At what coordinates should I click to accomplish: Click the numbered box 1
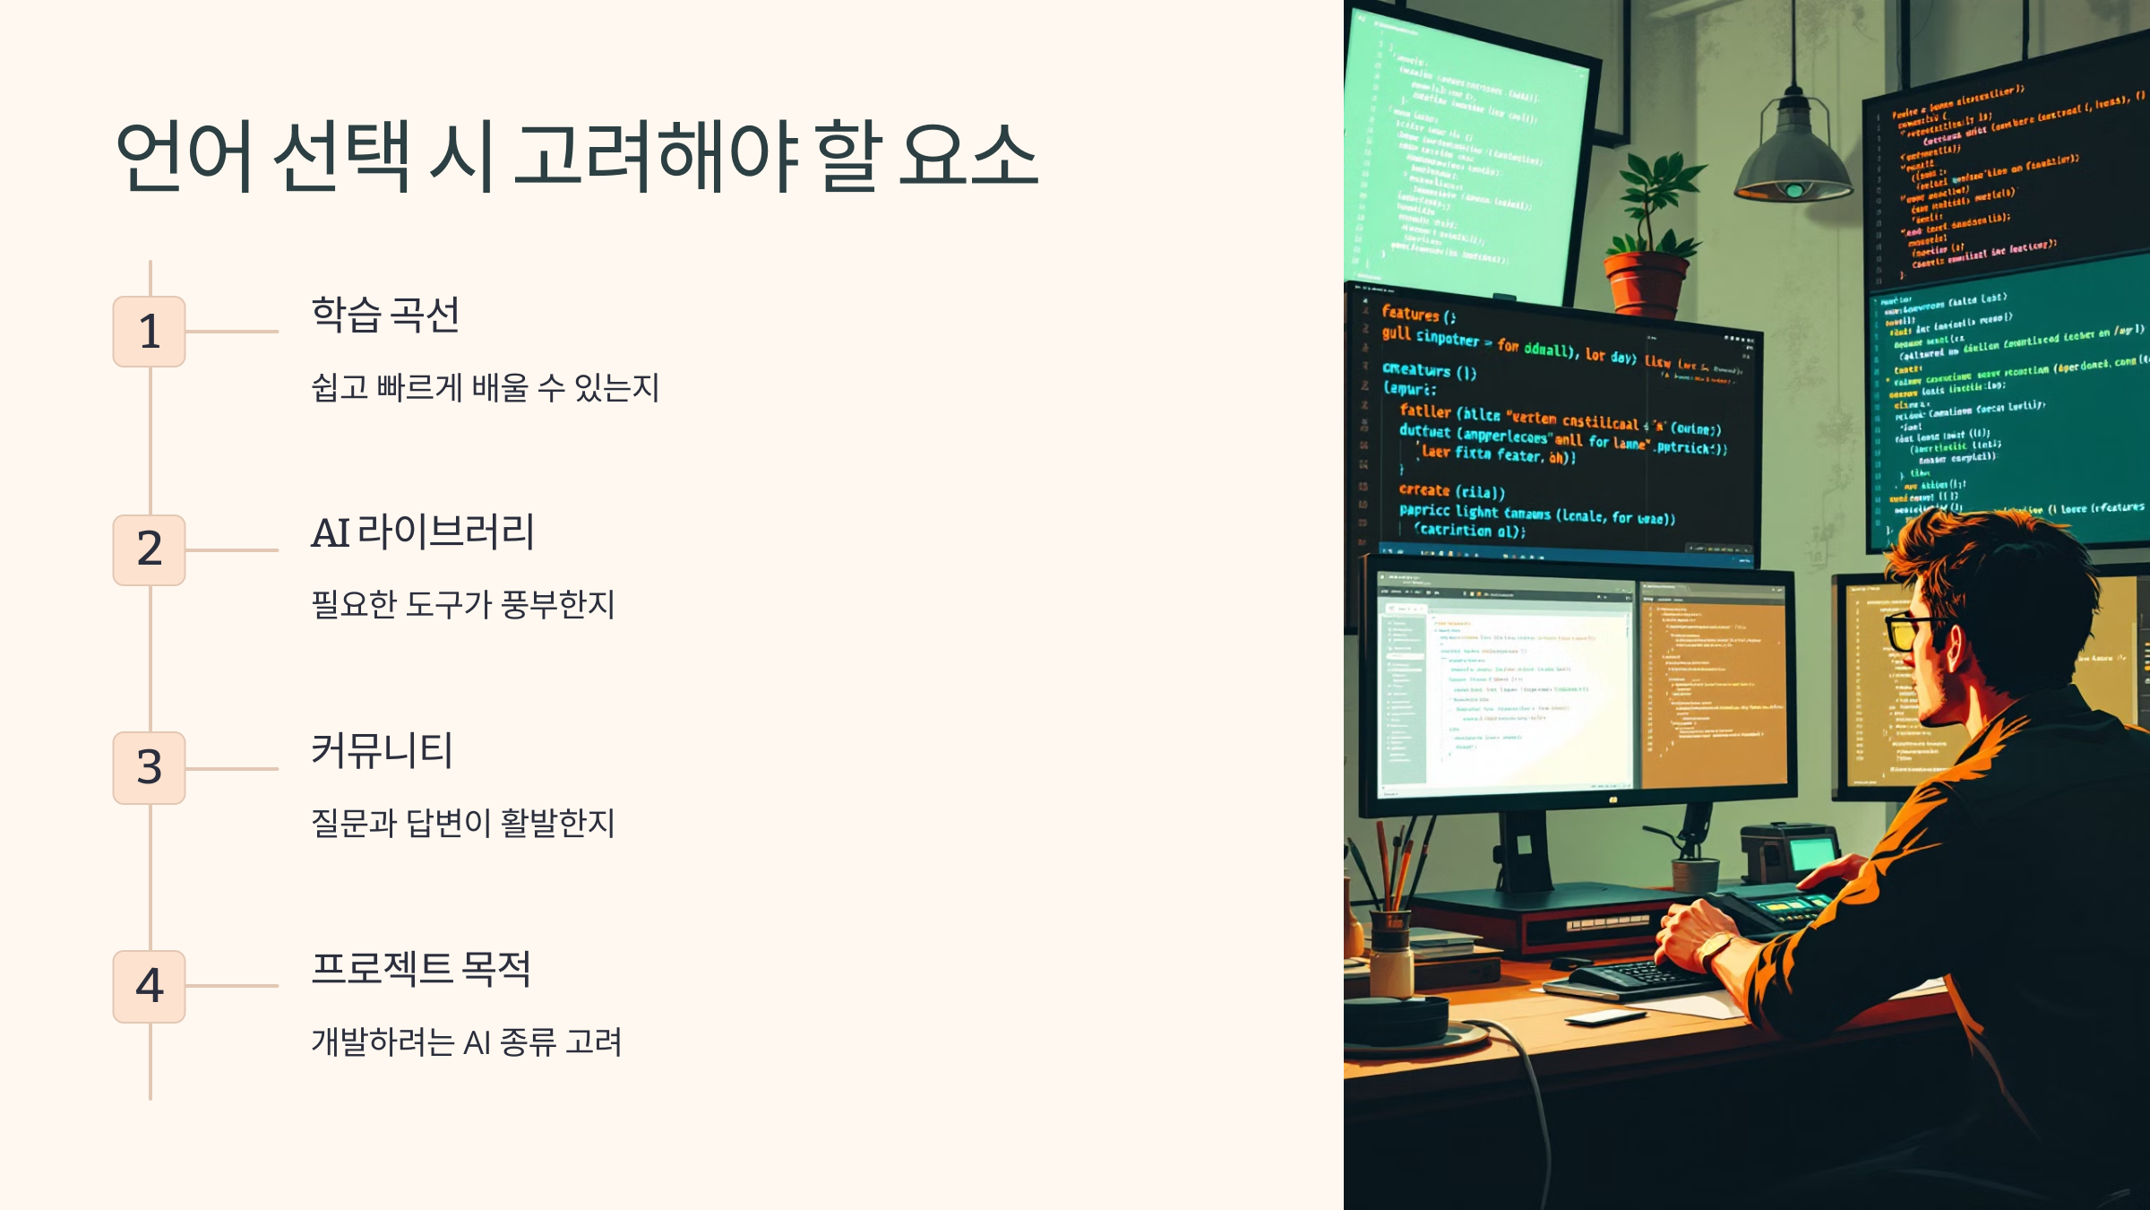click(x=149, y=332)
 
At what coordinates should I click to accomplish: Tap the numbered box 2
click(x=149, y=549)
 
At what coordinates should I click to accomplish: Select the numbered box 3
click(x=149, y=768)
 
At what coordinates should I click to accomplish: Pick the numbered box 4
click(x=149, y=986)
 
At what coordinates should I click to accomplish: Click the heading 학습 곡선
click(x=385, y=315)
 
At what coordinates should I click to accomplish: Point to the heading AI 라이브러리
click(x=423, y=532)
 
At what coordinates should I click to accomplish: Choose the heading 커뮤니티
click(x=382, y=750)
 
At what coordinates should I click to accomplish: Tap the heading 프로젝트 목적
click(x=421, y=968)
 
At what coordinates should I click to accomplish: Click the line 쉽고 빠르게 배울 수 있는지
click(x=485, y=388)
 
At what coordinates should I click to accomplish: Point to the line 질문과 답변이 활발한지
click(x=462, y=823)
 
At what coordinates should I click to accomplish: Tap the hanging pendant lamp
click(x=1793, y=152)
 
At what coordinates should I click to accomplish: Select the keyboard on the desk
click(x=1639, y=977)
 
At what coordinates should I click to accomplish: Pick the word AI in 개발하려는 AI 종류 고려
click(x=477, y=1042)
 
